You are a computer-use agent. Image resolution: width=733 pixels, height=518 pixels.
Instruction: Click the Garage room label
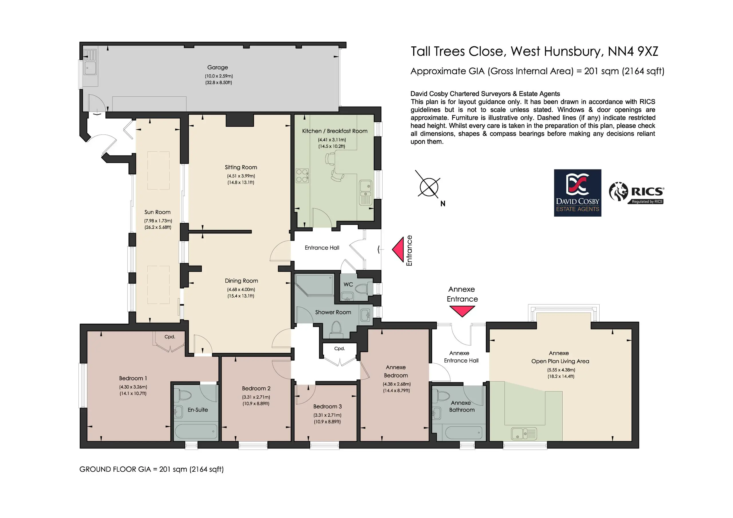point(217,67)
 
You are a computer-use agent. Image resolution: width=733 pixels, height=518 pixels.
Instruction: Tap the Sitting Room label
point(241,167)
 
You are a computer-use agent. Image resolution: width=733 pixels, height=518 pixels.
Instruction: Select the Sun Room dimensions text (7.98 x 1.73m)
point(158,221)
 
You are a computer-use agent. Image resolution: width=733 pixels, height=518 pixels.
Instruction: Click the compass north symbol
point(429,187)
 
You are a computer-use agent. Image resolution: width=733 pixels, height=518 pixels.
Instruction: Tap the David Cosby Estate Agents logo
point(578,193)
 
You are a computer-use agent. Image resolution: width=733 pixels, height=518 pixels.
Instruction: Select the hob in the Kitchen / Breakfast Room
point(302,175)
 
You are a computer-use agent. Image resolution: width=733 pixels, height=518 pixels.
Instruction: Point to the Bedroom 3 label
point(327,406)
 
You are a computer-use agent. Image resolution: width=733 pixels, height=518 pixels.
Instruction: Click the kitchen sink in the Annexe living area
point(524,433)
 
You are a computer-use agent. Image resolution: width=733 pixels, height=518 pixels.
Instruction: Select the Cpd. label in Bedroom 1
point(170,337)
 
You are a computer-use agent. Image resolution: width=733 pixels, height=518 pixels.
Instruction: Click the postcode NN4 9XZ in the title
point(633,52)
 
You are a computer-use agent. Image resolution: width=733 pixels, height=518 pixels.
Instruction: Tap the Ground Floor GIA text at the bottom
point(151,469)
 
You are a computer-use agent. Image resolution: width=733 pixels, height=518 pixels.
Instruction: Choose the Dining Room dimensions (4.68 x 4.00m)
point(241,290)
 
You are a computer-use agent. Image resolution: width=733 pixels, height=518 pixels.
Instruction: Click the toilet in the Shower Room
point(336,329)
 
